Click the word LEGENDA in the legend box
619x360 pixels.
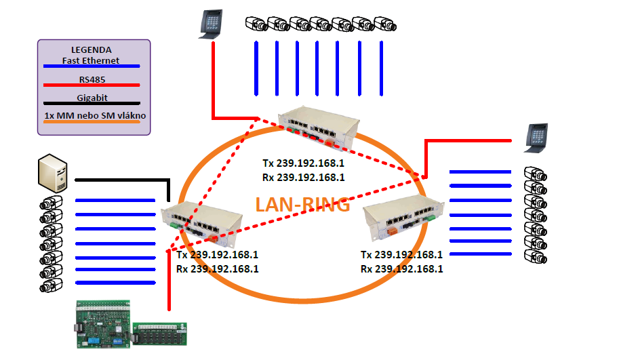tap(91, 50)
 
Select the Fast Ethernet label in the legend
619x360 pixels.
tap(91, 60)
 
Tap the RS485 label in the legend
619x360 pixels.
tap(91, 79)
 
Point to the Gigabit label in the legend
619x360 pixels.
tap(91, 98)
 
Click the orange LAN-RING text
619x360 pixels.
tap(302, 204)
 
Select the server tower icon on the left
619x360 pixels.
tap(54, 172)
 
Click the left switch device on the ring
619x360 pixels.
tap(202, 222)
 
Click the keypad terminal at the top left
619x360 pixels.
tap(211, 24)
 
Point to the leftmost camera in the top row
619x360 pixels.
tap(256, 24)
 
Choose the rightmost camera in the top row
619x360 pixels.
tap(384, 24)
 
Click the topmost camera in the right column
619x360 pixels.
tap(534, 173)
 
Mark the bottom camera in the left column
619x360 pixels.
tap(52, 285)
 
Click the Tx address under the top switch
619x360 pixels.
tap(304, 163)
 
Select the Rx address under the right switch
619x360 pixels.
tap(401, 268)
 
